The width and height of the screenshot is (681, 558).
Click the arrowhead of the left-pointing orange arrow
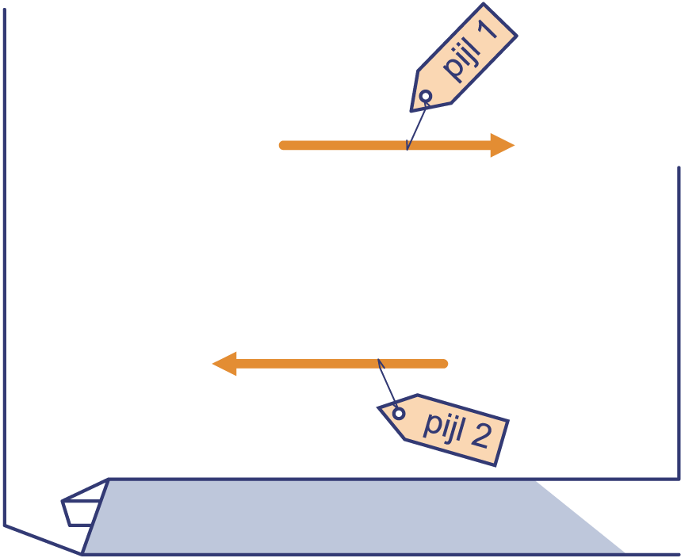224,364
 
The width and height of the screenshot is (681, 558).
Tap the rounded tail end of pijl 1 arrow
283,146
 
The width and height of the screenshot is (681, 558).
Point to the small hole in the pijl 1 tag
426,96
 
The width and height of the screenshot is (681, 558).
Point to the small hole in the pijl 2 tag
399,414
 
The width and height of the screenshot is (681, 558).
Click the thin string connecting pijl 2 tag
388,383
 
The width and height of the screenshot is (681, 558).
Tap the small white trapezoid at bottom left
81,513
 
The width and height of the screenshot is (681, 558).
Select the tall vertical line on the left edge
4,267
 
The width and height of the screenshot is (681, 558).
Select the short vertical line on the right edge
679,323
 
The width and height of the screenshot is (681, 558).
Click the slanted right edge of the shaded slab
581,517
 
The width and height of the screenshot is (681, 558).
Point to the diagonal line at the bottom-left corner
43,540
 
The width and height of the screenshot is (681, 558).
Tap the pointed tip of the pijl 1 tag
411,111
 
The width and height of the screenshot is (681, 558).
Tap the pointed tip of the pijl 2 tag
378,407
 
